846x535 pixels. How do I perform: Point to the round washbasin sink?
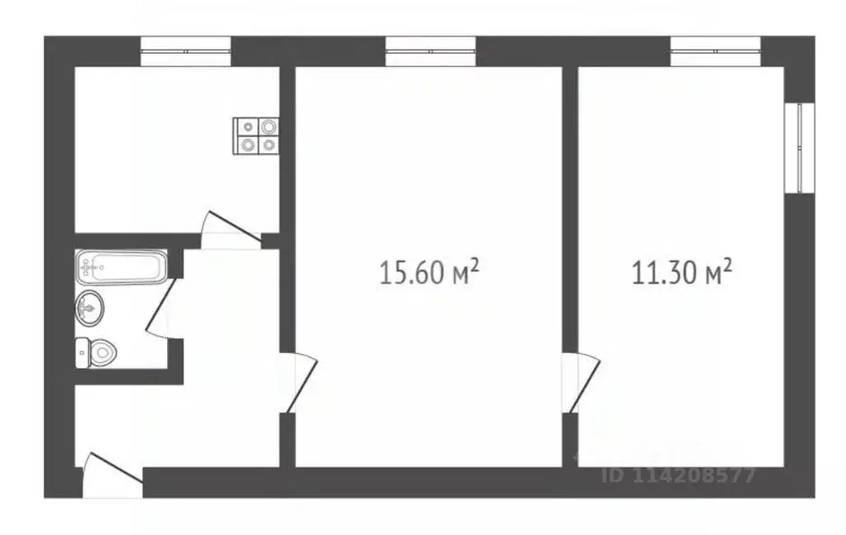click(x=90, y=308)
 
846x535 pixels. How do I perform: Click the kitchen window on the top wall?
click(x=185, y=51)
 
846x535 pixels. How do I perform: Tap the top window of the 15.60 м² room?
click(x=430, y=51)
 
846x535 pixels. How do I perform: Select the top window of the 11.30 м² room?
click(x=715, y=51)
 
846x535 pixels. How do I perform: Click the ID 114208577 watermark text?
click(x=680, y=476)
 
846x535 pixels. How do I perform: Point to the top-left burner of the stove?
click(x=248, y=127)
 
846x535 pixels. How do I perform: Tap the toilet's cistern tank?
click(x=81, y=353)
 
